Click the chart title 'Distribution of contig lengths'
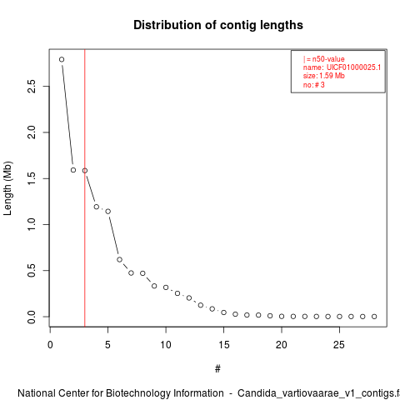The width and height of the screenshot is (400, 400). point(218,25)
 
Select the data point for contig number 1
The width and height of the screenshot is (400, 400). point(62,59)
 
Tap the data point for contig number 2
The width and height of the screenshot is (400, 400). point(73,170)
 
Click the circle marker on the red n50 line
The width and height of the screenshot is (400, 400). point(85,171)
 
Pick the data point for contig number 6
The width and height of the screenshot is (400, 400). point(119,259)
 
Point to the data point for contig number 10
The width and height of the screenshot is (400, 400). point(166,287)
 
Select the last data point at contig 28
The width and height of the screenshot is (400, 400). point(374,317)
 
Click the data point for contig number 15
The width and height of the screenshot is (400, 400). point(223,312)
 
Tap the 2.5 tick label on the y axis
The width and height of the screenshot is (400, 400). point(32,86)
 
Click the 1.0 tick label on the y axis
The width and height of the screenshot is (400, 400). point(32,224)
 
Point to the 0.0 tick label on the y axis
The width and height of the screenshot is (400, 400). point(32,317)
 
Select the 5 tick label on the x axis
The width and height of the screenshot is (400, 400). point(107,345)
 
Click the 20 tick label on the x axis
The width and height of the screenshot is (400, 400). point(282,345)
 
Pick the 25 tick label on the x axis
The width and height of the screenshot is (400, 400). point(339,345)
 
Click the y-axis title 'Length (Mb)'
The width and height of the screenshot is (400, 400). point(7,188)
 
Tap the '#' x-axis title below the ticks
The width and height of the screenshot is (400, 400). point(217,369)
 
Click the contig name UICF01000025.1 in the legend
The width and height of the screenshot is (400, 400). point(353,67)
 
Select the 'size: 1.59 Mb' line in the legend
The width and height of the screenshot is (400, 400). point(324,76)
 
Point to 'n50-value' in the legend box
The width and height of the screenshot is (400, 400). point(328,59)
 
